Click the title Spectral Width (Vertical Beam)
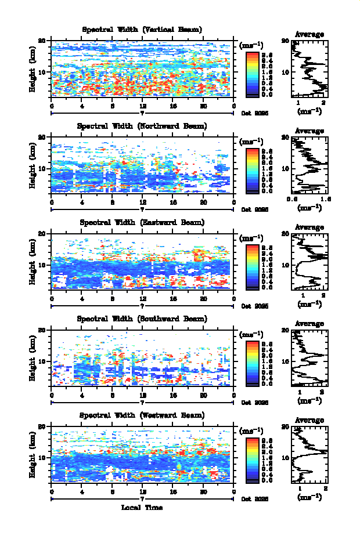click(x=142, y=30)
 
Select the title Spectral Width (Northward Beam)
click(x=142, y=126)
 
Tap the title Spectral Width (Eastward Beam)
click(x=142, y=222)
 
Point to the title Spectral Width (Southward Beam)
click(x=142, y=319)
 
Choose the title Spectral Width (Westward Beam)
click(x=142, y=415)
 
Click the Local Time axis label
click(x=142, y=508)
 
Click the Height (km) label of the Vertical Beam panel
click(x=33, y=73)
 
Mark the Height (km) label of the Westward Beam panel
click(x=33, y=459)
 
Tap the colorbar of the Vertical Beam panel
click(x=252, y=73)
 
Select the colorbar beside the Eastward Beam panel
click(x=252, y=266)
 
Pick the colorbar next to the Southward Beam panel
click(x=252, y=363)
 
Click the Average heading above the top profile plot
click(x=309, y=34)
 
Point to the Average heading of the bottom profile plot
click(x=309, y=420)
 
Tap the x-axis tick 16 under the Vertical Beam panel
click(x=173, y=106)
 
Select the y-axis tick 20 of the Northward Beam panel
click(x=42, y=137)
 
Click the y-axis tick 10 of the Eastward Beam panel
click(x=42, y=265)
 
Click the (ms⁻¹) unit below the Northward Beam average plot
click(x=309, y=208)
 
